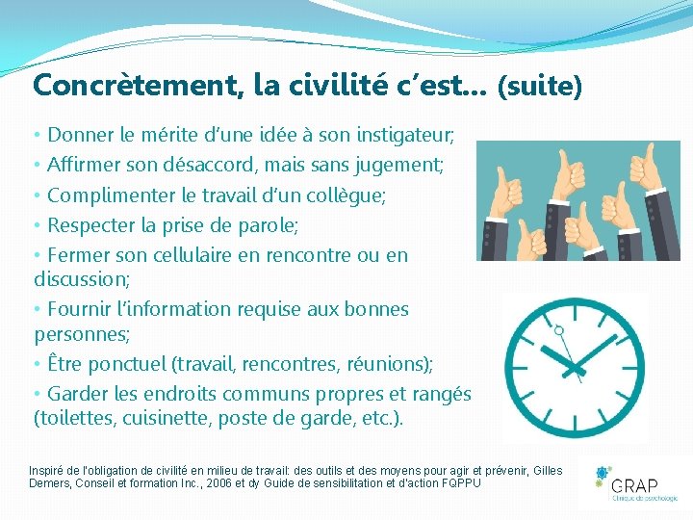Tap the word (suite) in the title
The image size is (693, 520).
click(539, 88)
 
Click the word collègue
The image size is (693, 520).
click(341, 195)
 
